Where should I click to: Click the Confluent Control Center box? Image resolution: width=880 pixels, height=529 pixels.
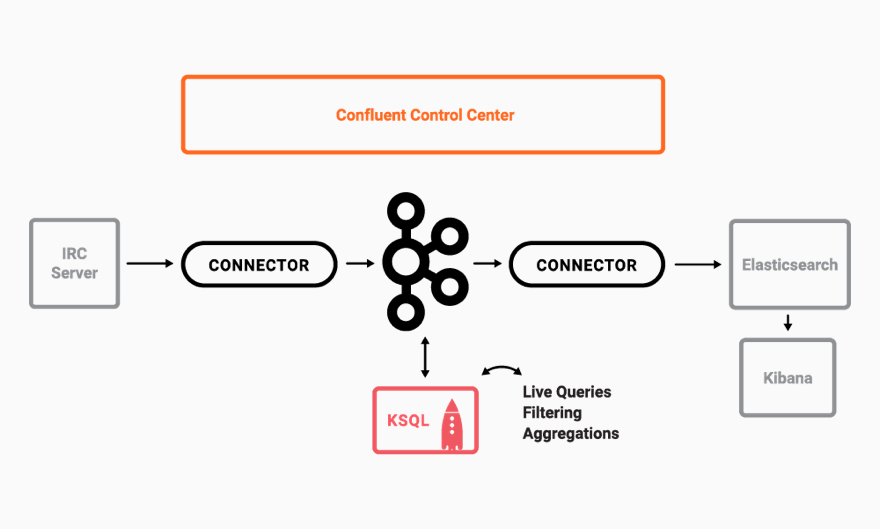point(423,115)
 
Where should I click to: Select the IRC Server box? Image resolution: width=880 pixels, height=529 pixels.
point(75,264)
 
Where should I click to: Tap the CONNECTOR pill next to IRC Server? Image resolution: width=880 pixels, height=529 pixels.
point(259,265)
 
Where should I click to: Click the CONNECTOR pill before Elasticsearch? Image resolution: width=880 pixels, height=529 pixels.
point(587,265)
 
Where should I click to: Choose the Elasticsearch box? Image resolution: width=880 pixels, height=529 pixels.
point(790,265)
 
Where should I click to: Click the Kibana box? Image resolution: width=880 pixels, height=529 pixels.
point(788,378)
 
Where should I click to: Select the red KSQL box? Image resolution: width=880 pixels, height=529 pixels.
point(426,420)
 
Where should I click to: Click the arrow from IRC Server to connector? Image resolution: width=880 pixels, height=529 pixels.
point(150,264)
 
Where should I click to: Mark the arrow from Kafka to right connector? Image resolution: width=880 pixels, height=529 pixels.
point(487,264)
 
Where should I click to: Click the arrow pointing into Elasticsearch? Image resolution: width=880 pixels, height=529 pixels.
point(698,264)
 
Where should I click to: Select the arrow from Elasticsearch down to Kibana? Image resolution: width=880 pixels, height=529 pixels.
point(788,323)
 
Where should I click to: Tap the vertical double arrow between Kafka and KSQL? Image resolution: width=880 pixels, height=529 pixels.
point(425,357)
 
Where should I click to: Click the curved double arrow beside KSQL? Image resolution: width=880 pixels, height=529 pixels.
point(501,370)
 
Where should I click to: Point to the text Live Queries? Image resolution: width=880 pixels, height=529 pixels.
point(567,392)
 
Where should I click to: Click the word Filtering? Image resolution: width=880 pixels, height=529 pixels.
point(552,413)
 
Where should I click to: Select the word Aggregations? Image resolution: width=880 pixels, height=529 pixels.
point(571,434)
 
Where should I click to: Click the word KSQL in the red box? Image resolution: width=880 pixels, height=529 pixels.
point(408,420)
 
